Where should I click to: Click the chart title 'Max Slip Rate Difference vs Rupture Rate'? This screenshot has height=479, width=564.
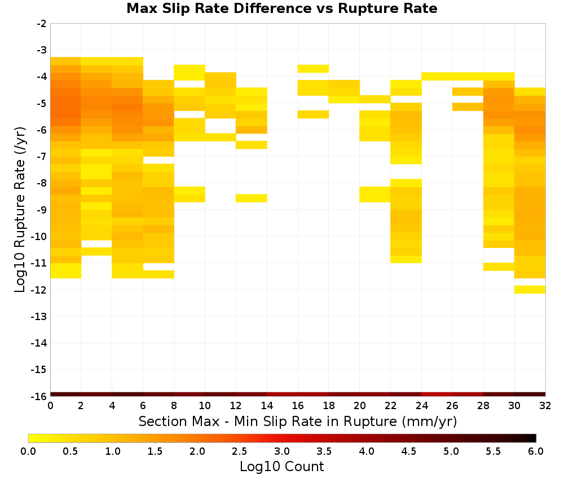tap(281, 8)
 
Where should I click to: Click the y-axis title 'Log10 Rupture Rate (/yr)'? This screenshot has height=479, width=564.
tap(20, 210)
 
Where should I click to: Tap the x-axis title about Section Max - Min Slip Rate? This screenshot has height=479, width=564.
tap(298, 422)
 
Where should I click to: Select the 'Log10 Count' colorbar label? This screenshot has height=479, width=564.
tap(281, 467)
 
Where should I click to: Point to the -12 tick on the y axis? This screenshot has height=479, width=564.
tap(39, 290)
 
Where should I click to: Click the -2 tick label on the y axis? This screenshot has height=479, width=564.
tap(42, 24)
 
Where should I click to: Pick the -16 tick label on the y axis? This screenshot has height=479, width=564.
tap(39, 396)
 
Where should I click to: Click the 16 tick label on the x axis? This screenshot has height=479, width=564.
tap(298, 406)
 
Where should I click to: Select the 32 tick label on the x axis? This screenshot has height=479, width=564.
tap(545, 406)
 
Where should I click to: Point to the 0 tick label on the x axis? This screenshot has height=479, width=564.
tap(50, 406)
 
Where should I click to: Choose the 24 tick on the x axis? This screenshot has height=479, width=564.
tap(421, 406)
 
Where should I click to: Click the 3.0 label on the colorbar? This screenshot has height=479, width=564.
tap(281, 451)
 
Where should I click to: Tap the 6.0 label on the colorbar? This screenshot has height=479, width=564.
tap(536, 451)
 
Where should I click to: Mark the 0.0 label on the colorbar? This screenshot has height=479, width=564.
tap(28, 451)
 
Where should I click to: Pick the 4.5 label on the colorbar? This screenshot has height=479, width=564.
tap(408, 451)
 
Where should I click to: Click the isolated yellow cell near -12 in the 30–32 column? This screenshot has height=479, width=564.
tap(530, 290)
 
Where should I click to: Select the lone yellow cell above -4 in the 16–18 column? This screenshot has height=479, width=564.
tap(313, 69)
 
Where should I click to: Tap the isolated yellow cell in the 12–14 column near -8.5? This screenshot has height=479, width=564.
tap(252, 198)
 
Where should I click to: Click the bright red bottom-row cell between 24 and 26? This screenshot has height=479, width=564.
tap(437, 394)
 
